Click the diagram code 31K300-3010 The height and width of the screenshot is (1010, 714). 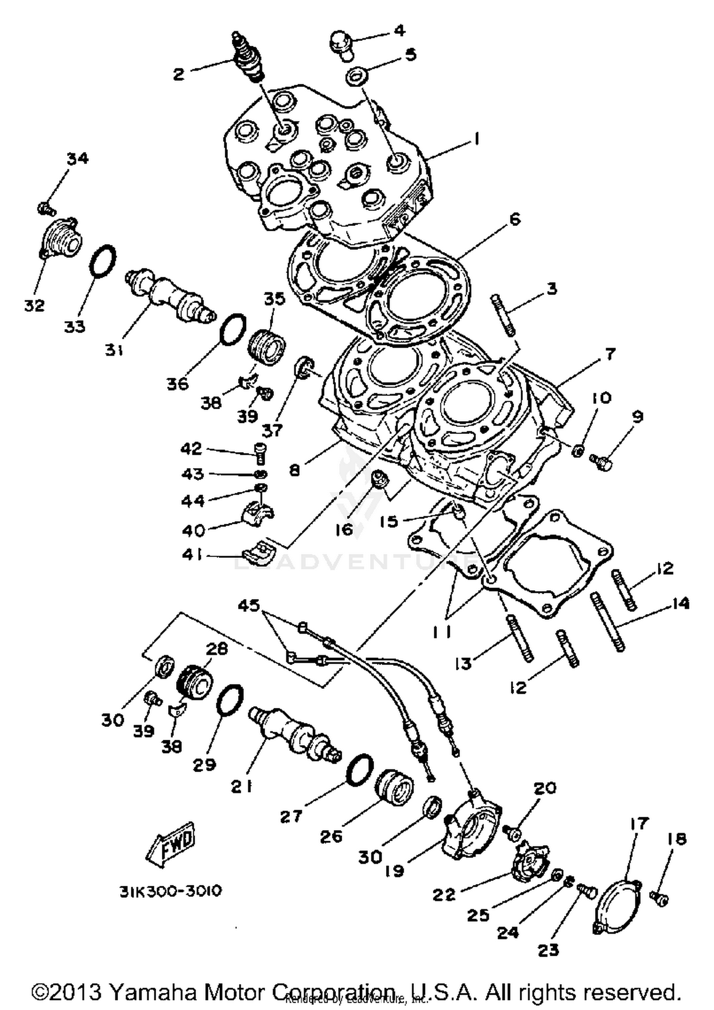170,891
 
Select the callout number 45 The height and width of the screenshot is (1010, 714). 249,605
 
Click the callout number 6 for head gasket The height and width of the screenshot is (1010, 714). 515,219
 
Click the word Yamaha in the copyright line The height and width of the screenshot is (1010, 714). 153,992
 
